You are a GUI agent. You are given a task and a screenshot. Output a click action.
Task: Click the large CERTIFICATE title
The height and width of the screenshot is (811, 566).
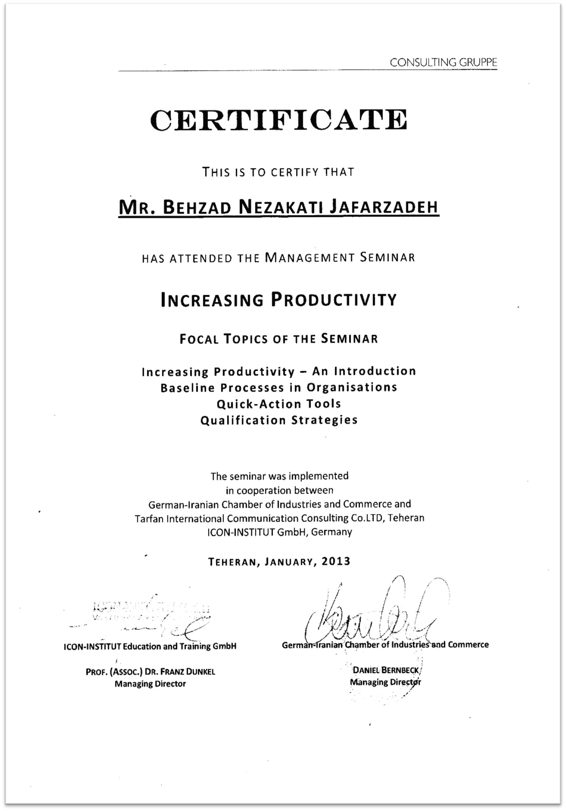(x=279, y=120)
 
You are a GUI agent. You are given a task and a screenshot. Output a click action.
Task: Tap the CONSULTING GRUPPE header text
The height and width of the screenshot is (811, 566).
(x=443, y=63)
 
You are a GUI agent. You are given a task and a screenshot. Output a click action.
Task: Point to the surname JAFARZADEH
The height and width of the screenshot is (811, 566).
(x=384, y=207)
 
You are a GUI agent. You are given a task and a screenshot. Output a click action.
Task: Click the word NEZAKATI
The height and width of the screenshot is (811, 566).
(x=281, y=207)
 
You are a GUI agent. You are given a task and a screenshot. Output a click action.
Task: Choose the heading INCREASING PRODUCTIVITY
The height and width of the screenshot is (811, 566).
(x=279, y=300)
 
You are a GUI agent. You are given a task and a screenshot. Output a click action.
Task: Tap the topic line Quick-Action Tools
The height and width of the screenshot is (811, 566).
(x=279, y=404)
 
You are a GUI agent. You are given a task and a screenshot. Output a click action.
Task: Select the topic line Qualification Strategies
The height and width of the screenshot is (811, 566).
(x=279, y=420)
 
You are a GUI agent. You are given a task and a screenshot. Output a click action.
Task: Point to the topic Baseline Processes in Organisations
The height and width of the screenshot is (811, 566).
(x=279, y=388)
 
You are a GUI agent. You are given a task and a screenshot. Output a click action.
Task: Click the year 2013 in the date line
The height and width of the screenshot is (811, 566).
(x=336, y=561)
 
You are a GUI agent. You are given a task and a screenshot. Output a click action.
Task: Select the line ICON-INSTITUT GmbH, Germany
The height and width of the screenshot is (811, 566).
(x=279, y=532)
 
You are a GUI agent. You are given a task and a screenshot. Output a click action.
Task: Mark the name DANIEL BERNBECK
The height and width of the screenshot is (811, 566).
(x=386, y=670)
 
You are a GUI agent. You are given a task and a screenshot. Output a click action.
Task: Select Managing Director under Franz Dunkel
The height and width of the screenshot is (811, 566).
(x=150, y=684)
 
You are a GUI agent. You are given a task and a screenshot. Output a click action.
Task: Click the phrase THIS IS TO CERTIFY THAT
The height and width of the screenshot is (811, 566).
(x=278, y=172)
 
